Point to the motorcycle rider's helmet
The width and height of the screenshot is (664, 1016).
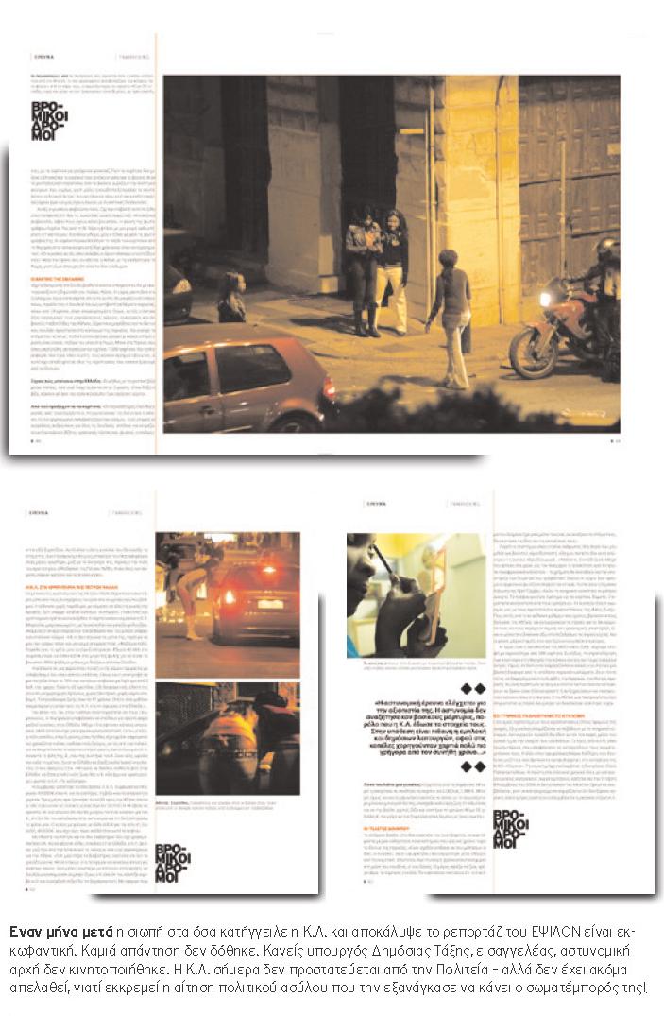[606, 250]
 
